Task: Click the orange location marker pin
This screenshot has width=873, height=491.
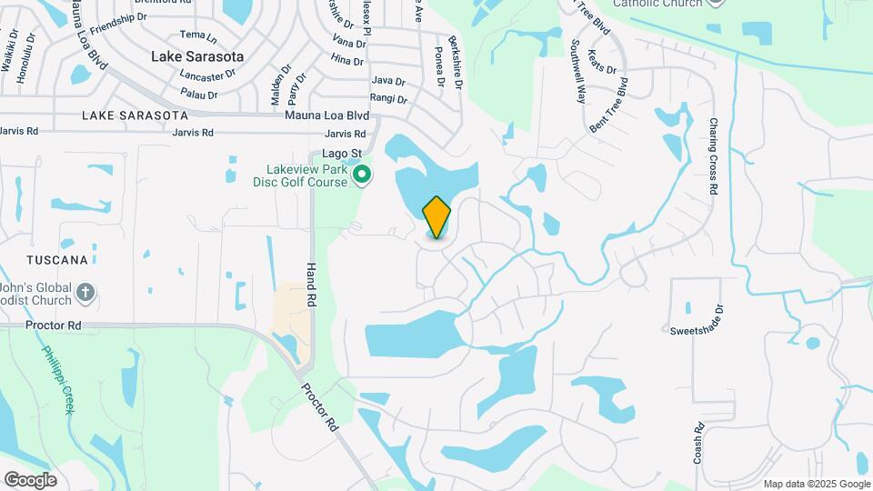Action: (x=436, y=217)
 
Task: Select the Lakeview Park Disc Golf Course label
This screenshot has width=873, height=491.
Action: (x=306, y=175)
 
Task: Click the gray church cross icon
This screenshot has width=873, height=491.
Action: (x=85, y=293)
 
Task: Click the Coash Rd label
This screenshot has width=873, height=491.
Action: (x=698, y=443)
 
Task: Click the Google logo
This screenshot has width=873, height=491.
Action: (x=30, y=480)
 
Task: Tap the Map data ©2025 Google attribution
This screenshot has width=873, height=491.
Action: (x=817, y=484)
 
